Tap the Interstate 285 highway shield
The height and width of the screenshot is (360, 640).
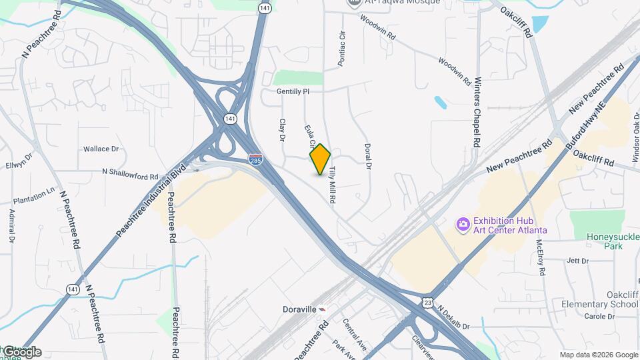pos(255,159)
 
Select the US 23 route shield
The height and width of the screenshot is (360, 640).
pos(427,303)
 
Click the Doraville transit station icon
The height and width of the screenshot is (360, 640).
pos(323,310)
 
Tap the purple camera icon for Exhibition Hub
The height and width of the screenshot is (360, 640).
pos(463,224)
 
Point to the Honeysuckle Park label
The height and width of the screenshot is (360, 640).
pos(613,241)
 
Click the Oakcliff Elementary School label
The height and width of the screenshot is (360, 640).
pos(604,299)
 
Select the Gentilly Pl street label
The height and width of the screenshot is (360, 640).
pos(299,91)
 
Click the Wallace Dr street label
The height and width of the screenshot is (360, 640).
pos(101,149)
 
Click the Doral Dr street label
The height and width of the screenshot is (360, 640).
pos(367,157)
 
